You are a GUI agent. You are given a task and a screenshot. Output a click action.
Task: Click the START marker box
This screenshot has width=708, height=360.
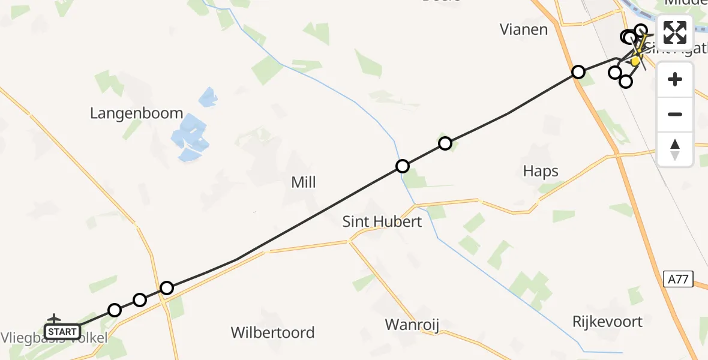point(62,331)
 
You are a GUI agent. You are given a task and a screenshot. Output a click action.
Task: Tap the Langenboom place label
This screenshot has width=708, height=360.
point(136,112)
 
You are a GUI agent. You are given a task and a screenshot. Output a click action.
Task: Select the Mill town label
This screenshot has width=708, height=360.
point(303,182)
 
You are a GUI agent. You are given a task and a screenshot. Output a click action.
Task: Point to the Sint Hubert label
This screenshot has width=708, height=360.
point(382,221)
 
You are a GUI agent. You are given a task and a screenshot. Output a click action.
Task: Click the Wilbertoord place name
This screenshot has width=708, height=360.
point(273,332)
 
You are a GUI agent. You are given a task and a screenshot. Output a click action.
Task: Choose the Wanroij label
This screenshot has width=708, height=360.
point(412,325)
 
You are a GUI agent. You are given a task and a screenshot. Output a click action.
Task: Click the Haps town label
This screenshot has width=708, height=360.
point(541,172)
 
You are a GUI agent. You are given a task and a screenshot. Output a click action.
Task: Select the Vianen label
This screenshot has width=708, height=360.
point(524,29)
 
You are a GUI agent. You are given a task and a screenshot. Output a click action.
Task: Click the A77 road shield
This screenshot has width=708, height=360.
point(679,279)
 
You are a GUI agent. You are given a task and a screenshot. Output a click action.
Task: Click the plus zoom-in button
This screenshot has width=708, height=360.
point(675,79)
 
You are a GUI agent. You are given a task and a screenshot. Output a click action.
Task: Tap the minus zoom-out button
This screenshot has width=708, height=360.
point(675,114)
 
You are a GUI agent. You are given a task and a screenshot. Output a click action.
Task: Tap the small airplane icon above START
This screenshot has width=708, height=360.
point(54,318)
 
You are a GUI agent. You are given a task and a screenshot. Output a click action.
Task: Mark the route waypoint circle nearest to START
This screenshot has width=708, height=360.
point(115,310)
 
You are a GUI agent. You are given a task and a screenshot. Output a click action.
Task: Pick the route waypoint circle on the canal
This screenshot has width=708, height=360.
point(403,166)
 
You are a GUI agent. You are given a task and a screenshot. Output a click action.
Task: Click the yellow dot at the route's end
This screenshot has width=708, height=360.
point(635,61)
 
